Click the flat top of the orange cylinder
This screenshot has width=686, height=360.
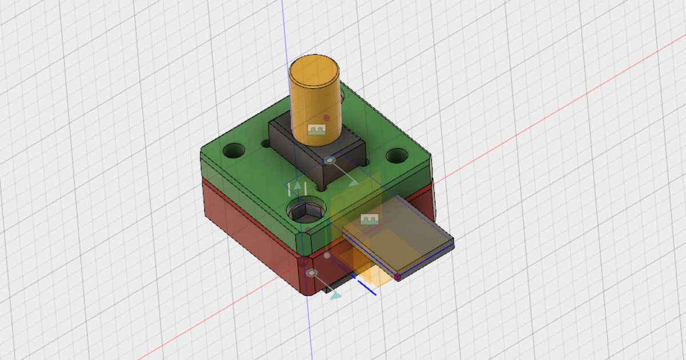click(314, 71)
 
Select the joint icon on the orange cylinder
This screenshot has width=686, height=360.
click(316, 130)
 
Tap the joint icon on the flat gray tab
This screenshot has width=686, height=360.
click(369, 219)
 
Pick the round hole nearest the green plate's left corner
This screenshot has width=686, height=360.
click(233, 151)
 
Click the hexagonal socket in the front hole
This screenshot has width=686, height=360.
click(306, 213)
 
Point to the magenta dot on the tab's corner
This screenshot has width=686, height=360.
click(397, 277)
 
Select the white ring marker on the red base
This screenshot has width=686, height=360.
click(312, 274)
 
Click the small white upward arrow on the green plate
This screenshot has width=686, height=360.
click(296, 189)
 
